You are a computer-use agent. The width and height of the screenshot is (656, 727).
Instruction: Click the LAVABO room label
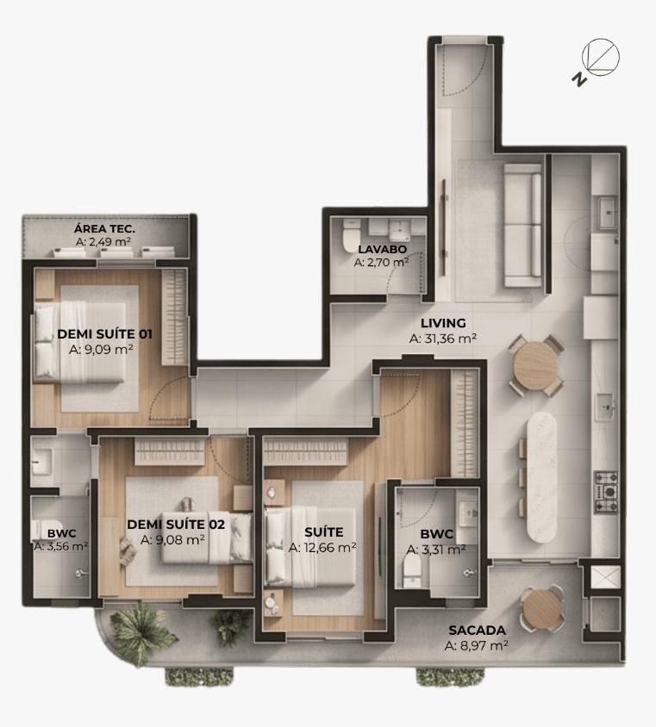[x=382, y=249]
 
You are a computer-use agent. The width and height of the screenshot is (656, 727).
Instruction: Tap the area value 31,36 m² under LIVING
[x=443, y=339]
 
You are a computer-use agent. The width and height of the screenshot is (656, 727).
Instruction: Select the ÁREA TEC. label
[x=104, y=228]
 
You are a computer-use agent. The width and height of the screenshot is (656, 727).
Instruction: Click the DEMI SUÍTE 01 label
[x=104, y=334]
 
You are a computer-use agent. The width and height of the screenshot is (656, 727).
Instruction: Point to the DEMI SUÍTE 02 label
[x=176, y=525]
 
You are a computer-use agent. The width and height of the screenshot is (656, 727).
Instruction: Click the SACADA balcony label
[x=477, y=631]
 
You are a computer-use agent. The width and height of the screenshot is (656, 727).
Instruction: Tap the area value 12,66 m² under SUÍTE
[x=322, y=548]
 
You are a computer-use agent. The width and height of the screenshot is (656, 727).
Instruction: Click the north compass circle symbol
[x=601, y=57]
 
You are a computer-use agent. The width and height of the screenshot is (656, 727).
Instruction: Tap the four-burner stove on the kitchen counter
[x=606, y=493]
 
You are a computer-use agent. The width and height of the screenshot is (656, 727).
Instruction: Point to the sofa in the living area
[x=523, y=225]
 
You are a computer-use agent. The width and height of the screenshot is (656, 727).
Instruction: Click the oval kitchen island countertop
[x=542, y=477]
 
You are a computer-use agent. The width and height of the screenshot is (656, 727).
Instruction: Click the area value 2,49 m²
[x=103, y=242]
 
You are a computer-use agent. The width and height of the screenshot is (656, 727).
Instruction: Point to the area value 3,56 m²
[x=61, y=547]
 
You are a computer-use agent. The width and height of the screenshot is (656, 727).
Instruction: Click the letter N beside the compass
[x=579, y=80]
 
